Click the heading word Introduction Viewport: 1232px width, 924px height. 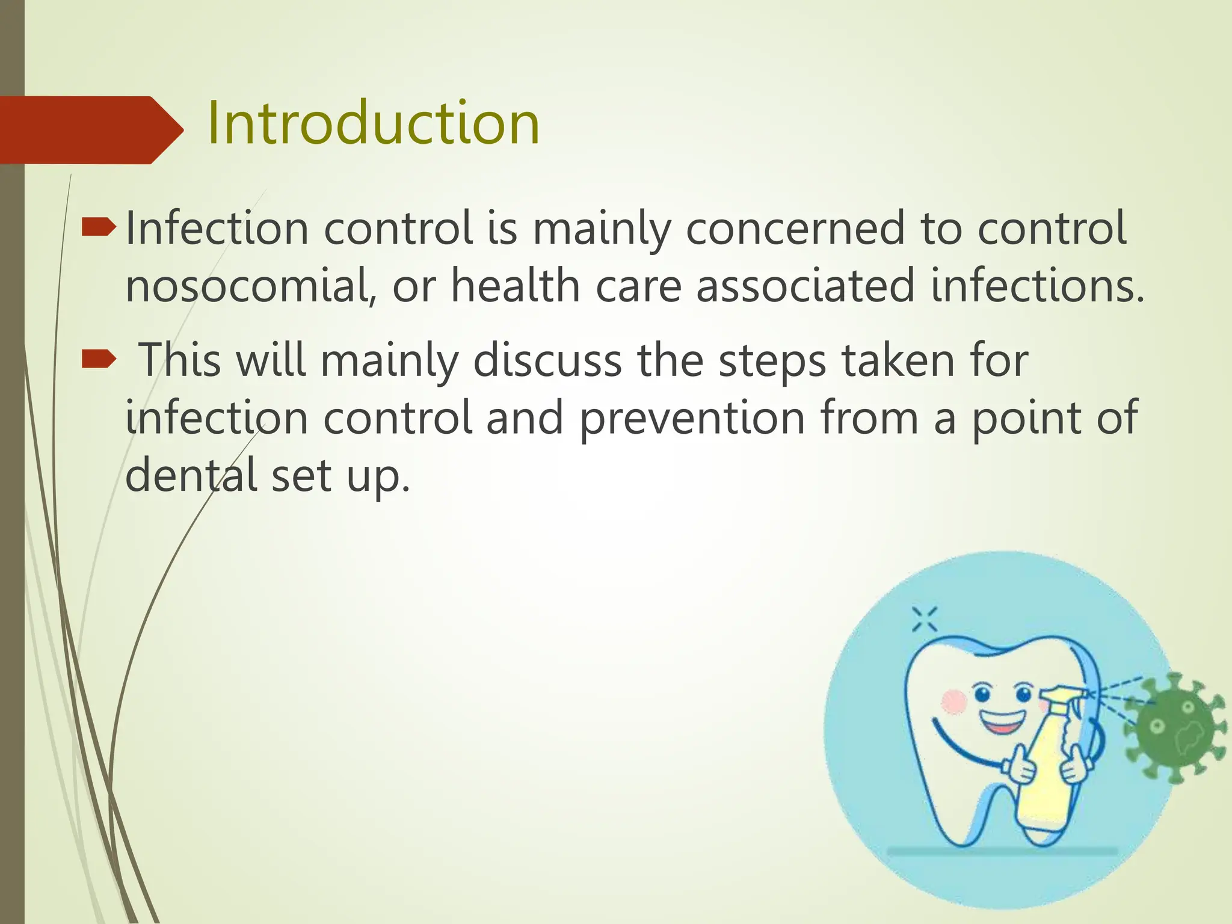tap(373, 124)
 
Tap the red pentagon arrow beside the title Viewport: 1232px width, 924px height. tap(90, 130)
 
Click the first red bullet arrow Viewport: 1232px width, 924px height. tap(97, 228)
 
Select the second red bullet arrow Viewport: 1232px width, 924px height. tap(97, 360)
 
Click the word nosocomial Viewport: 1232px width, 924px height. tap(247, 286)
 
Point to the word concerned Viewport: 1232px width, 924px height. tap(795, 229)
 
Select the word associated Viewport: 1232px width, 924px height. tap(805, 286)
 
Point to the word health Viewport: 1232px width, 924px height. tap(516, 286)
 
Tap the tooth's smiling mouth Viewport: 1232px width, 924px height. tap(1002, 721)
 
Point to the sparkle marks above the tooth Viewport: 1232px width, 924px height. tap(925, 619)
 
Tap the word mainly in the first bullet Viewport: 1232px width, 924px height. tap(600, 229)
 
